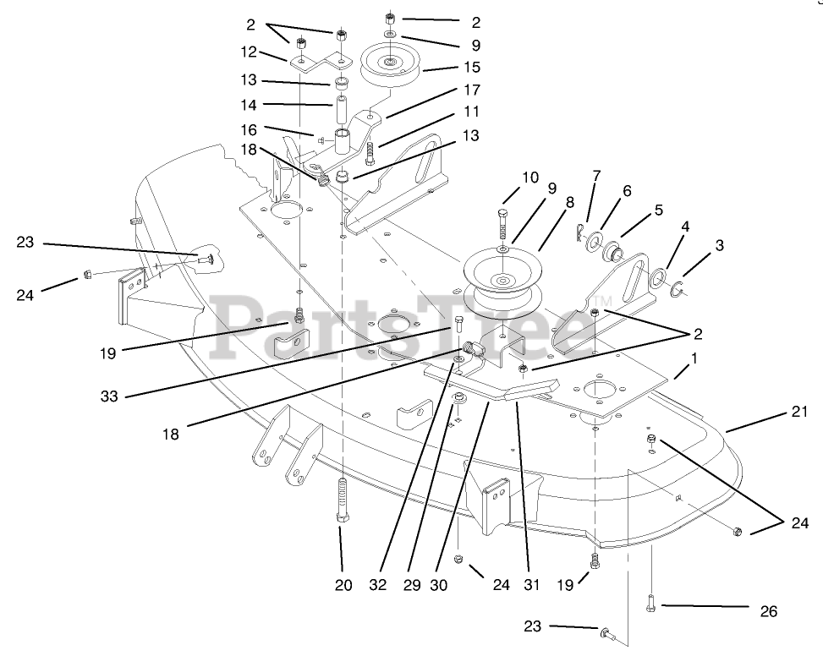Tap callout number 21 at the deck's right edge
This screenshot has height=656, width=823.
[x=799, y=412]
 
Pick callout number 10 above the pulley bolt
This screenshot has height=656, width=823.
[x=530, y=178]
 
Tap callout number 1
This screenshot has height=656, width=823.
[x=694, y=358]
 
